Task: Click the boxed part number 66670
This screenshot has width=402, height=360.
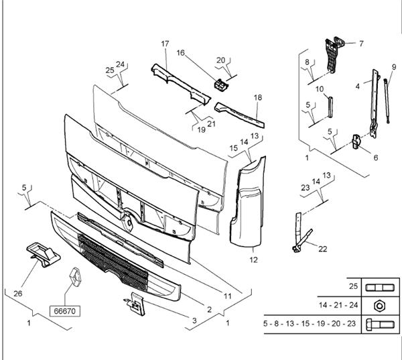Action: [65, 312]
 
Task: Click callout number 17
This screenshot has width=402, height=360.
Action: [165, 44]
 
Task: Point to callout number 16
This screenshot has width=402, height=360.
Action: [181, 52]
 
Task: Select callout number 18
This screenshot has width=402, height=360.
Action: [258, 98]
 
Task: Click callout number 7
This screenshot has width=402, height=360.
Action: [360, 44]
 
